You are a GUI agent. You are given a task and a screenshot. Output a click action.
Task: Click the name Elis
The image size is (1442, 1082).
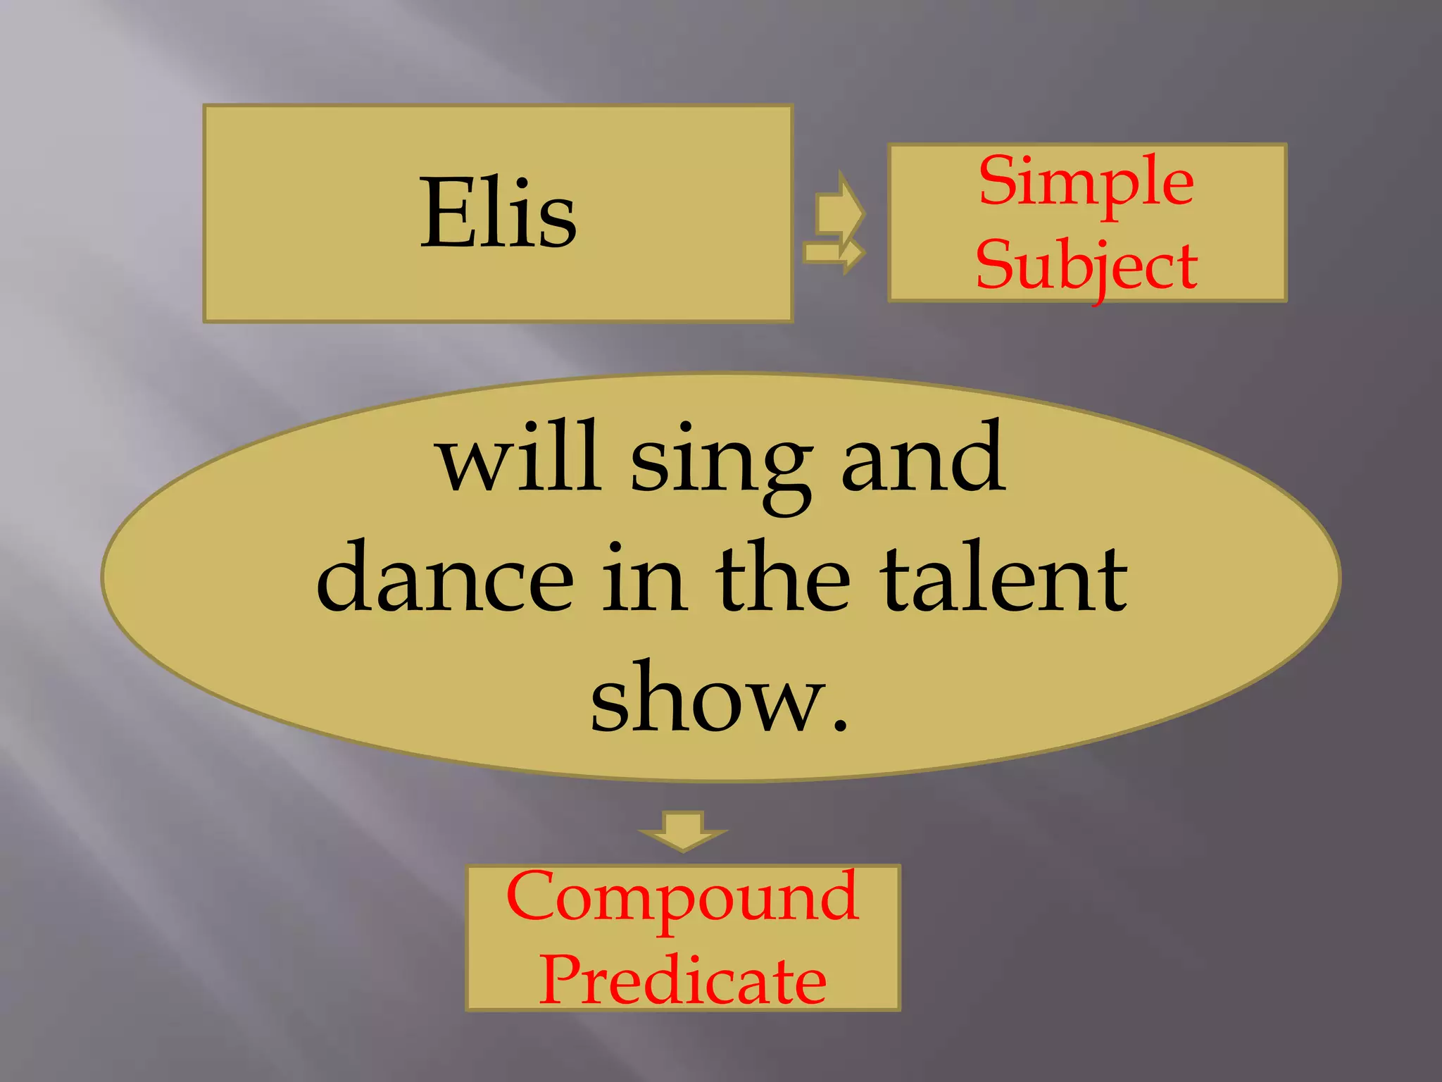[x=498, y=213]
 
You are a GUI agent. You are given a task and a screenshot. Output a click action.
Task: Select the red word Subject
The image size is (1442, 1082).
[x=1086, y=266]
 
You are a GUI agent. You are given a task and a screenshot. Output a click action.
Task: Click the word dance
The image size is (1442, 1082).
[x=445, y=578]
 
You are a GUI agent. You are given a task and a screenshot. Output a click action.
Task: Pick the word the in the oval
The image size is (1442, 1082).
[x=783, y=578]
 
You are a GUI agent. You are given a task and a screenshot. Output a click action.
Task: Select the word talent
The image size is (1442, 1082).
[x=1003, y=578]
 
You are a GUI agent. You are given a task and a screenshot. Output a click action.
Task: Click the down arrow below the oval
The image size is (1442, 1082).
[x=682, y=831]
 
